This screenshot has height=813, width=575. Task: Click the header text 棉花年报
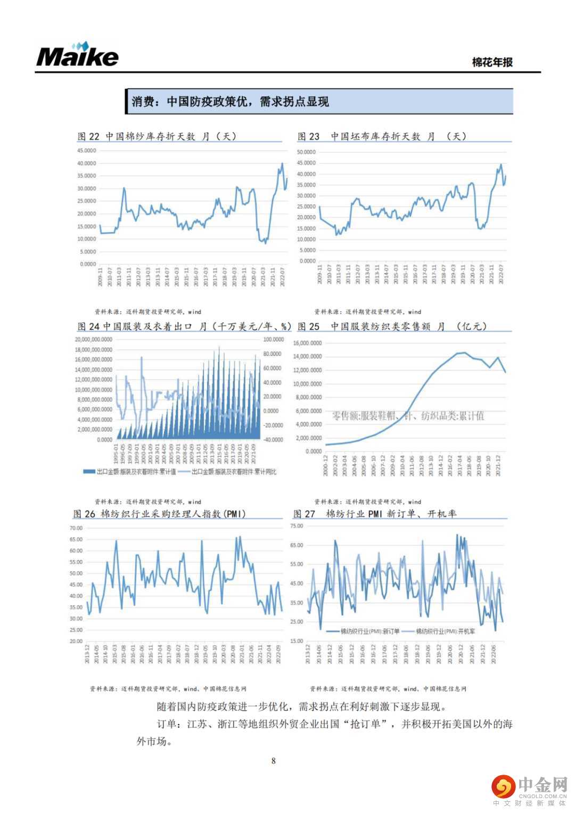tap(492, 62)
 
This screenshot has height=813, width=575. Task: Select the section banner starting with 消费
tap(319, 101)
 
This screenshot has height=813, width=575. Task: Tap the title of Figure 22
tap(157, 136)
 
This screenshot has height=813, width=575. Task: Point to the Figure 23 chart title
tap(382, 136)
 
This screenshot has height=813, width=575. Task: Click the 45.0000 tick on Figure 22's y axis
tap(87, 151)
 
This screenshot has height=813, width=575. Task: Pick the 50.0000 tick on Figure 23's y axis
tap(306, 152)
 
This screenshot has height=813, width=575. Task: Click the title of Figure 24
tap(184, 326)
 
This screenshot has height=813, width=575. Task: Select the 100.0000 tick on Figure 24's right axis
tap(274, 340)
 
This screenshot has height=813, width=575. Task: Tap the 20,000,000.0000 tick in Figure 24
tap(94, 340)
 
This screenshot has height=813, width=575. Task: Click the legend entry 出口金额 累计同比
tap(227, 472)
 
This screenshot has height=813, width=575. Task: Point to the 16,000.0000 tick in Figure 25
tap(308, 343)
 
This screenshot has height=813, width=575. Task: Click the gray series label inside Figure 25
tap(408, 416)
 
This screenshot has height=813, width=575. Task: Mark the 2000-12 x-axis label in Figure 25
tap(326, 465)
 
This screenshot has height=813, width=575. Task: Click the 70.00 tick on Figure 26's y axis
tap(76, 528)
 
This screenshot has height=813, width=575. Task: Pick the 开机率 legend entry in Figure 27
tap(438, 631)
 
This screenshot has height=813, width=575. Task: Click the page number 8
tap(274, 761)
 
